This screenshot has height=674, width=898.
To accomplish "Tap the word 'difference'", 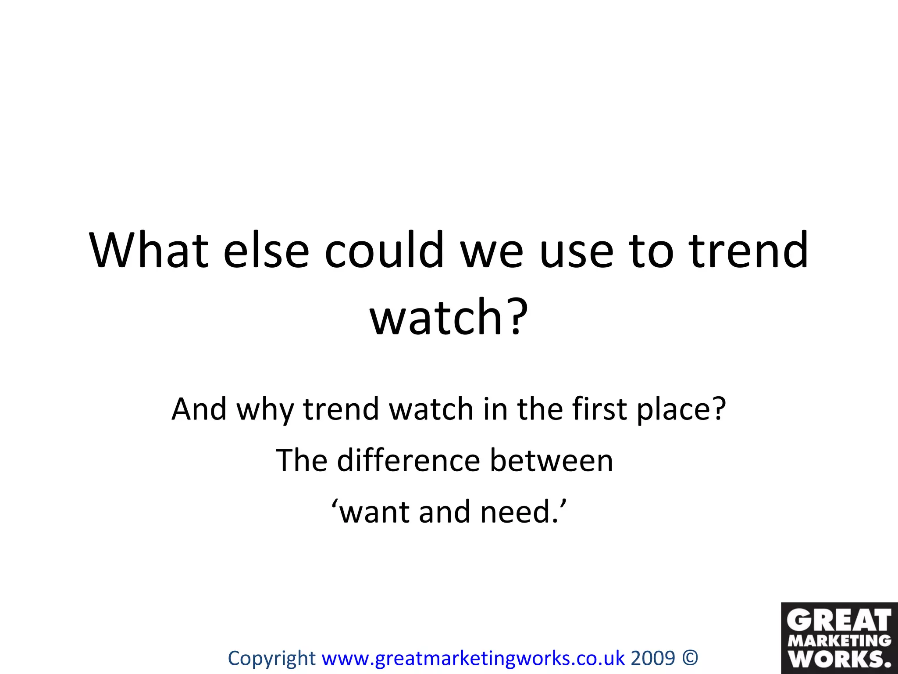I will (408, 461).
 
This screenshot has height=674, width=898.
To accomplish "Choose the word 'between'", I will (551, 461).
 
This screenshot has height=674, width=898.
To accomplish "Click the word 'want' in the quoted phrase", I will (375, 512).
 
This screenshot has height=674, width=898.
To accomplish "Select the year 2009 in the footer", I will (653, 658).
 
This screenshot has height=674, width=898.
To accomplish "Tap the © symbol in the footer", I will (690, 658).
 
